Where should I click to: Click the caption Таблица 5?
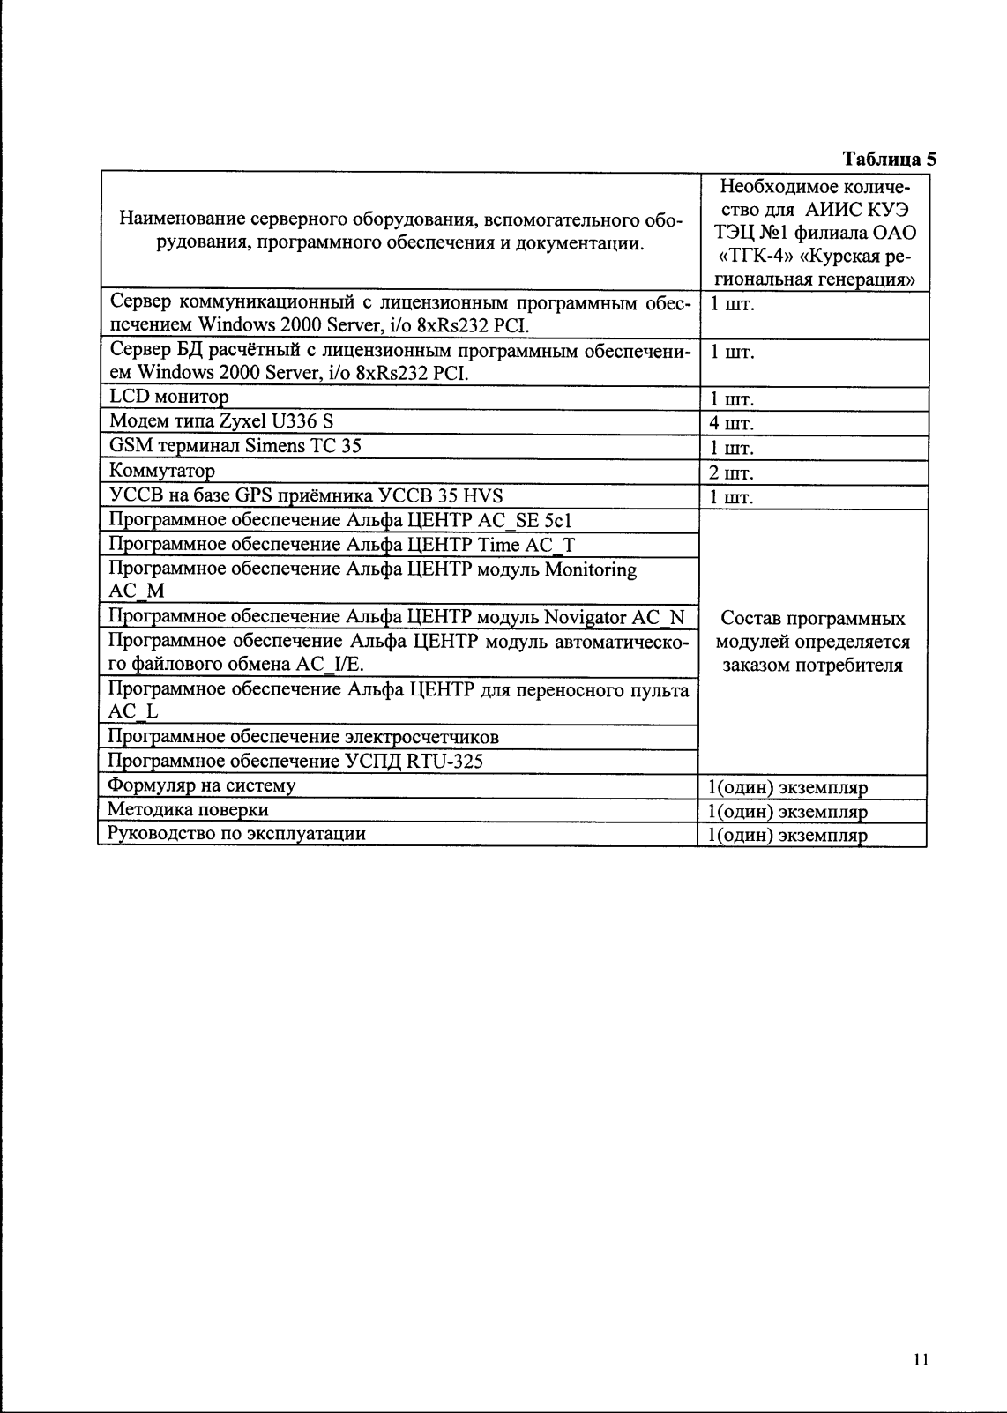click(889, 160)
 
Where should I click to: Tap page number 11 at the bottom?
click(921, 1359)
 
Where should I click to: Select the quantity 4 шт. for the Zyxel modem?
click(731, 424)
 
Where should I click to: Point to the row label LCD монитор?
click(168, 398)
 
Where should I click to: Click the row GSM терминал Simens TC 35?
click(235, 446)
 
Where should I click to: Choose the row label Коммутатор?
click(162, 471)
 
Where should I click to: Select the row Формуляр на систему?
click(201, 785)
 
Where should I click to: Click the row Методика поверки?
click(188, 809)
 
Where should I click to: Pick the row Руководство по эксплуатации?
click(236, 833)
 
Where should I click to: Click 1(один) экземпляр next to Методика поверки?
click(787, 812)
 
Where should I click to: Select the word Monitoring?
click(590, 569)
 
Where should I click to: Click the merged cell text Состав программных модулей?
click(812, 642)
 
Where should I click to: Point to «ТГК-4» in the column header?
click(756, 257)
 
